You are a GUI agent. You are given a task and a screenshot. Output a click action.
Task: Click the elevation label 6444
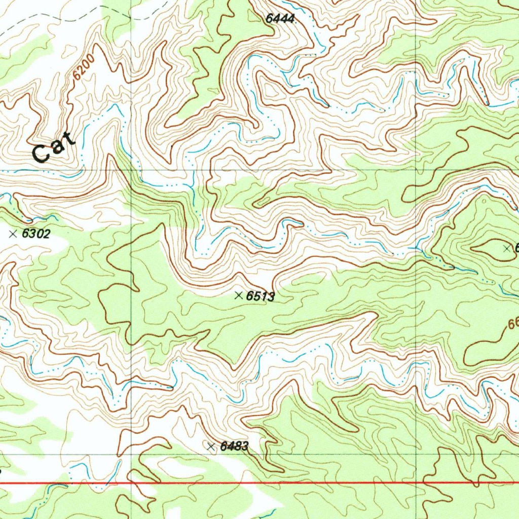coord(280,19)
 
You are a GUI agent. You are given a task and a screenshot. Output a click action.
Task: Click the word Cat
coord(54,146)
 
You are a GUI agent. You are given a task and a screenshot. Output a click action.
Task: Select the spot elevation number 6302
coord(37,234)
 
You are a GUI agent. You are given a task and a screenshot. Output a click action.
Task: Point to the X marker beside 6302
coord(14,234)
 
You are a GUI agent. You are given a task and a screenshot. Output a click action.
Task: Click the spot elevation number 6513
coord(260,296)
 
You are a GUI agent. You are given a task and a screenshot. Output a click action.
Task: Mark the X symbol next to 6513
coord(239,295)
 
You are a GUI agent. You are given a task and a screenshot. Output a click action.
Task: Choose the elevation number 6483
coord(235,447)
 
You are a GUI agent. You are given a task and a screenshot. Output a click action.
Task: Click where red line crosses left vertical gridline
coord(131,483)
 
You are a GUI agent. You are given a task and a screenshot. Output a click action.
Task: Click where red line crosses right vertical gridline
coord(417,483)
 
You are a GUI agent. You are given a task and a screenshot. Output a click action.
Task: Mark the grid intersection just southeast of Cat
coord(131,170)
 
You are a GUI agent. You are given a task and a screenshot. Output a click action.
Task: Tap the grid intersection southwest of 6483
coord(131,455)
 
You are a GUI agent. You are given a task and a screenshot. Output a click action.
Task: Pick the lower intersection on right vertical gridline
coord(417,454)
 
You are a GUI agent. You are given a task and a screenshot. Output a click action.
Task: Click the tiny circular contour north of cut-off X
coord(484,201)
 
